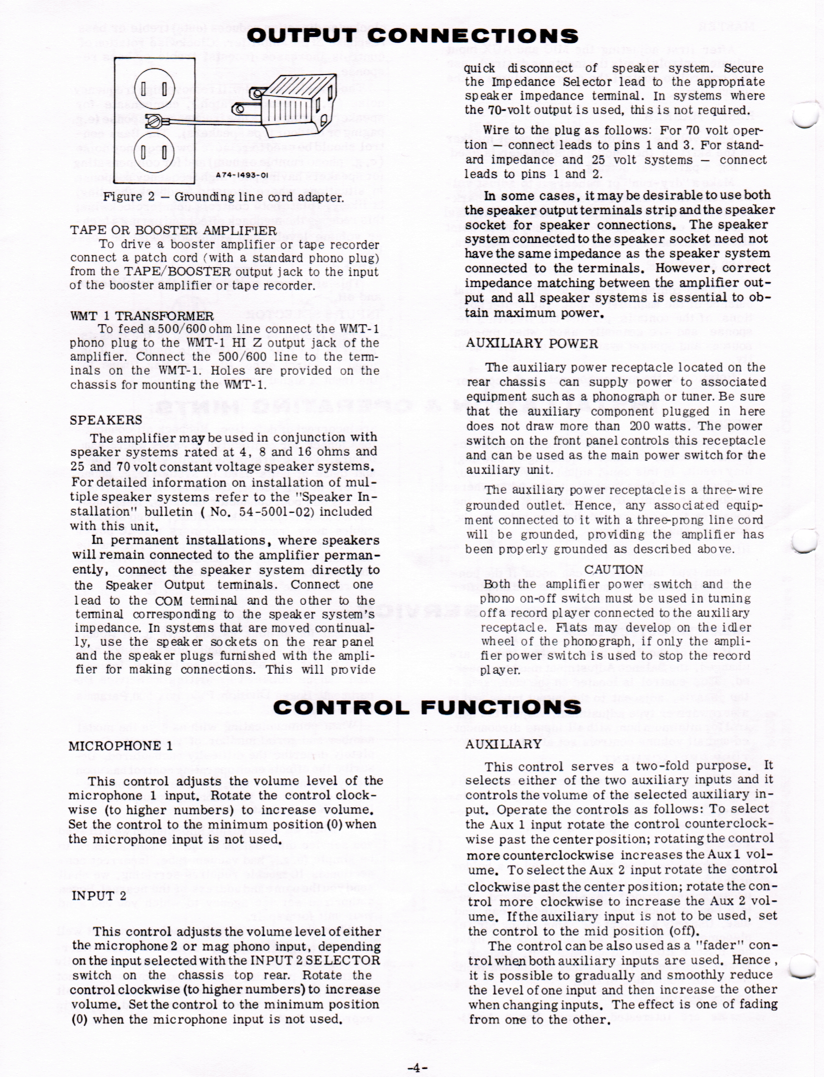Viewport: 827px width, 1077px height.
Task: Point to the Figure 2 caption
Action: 223,197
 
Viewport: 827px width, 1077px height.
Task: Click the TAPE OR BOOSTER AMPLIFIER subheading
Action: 173,231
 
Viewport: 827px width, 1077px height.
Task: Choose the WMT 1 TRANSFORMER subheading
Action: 141,316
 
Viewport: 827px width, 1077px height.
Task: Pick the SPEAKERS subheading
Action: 106,420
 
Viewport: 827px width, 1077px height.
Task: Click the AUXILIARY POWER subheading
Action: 531,344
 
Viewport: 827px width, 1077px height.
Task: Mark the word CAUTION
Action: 613,570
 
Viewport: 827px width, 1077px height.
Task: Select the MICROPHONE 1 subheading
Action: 120,759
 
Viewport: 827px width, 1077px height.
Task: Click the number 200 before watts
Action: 641,426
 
